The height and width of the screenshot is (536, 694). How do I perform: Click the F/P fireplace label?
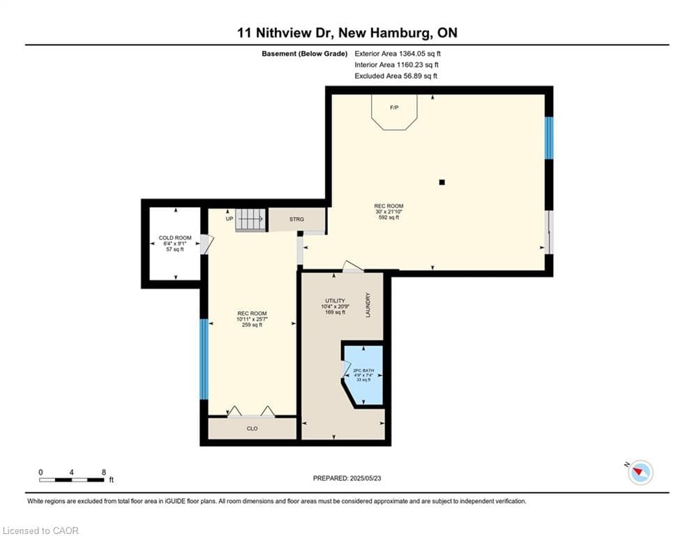[x=394, y=107]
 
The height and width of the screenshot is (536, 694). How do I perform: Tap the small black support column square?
[x=442, y=182]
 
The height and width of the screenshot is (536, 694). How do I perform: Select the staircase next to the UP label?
[x=250, y=219]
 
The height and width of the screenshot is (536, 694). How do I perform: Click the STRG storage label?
[x=296, y=219]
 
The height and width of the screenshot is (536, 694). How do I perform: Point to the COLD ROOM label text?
[x=175, y=238]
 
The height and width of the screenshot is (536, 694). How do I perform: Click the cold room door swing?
[x=207, y=244]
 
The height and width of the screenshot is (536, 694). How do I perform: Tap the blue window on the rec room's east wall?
[x=549, y=137]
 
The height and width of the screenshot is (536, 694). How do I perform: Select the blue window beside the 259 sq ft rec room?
[x=204, y=359]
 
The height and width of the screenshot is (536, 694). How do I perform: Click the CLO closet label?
[x=252, y=429]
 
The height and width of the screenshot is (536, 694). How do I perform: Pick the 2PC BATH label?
[x=363, y=371]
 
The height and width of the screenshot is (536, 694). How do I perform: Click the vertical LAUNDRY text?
[x=368, y=305]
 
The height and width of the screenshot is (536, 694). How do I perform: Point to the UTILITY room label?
[x=335, y=301]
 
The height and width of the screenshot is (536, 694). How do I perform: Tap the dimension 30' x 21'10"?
[x=389, y=211]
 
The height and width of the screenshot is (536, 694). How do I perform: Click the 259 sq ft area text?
[x=252, y=325]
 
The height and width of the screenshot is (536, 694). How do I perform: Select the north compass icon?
[x=640, y=472]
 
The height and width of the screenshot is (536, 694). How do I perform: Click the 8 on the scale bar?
[x=104, y=472]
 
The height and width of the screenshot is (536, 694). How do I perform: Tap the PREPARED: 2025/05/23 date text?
[x=347, y=478]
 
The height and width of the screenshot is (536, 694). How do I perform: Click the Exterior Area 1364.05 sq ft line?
[x=398, y=54]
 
